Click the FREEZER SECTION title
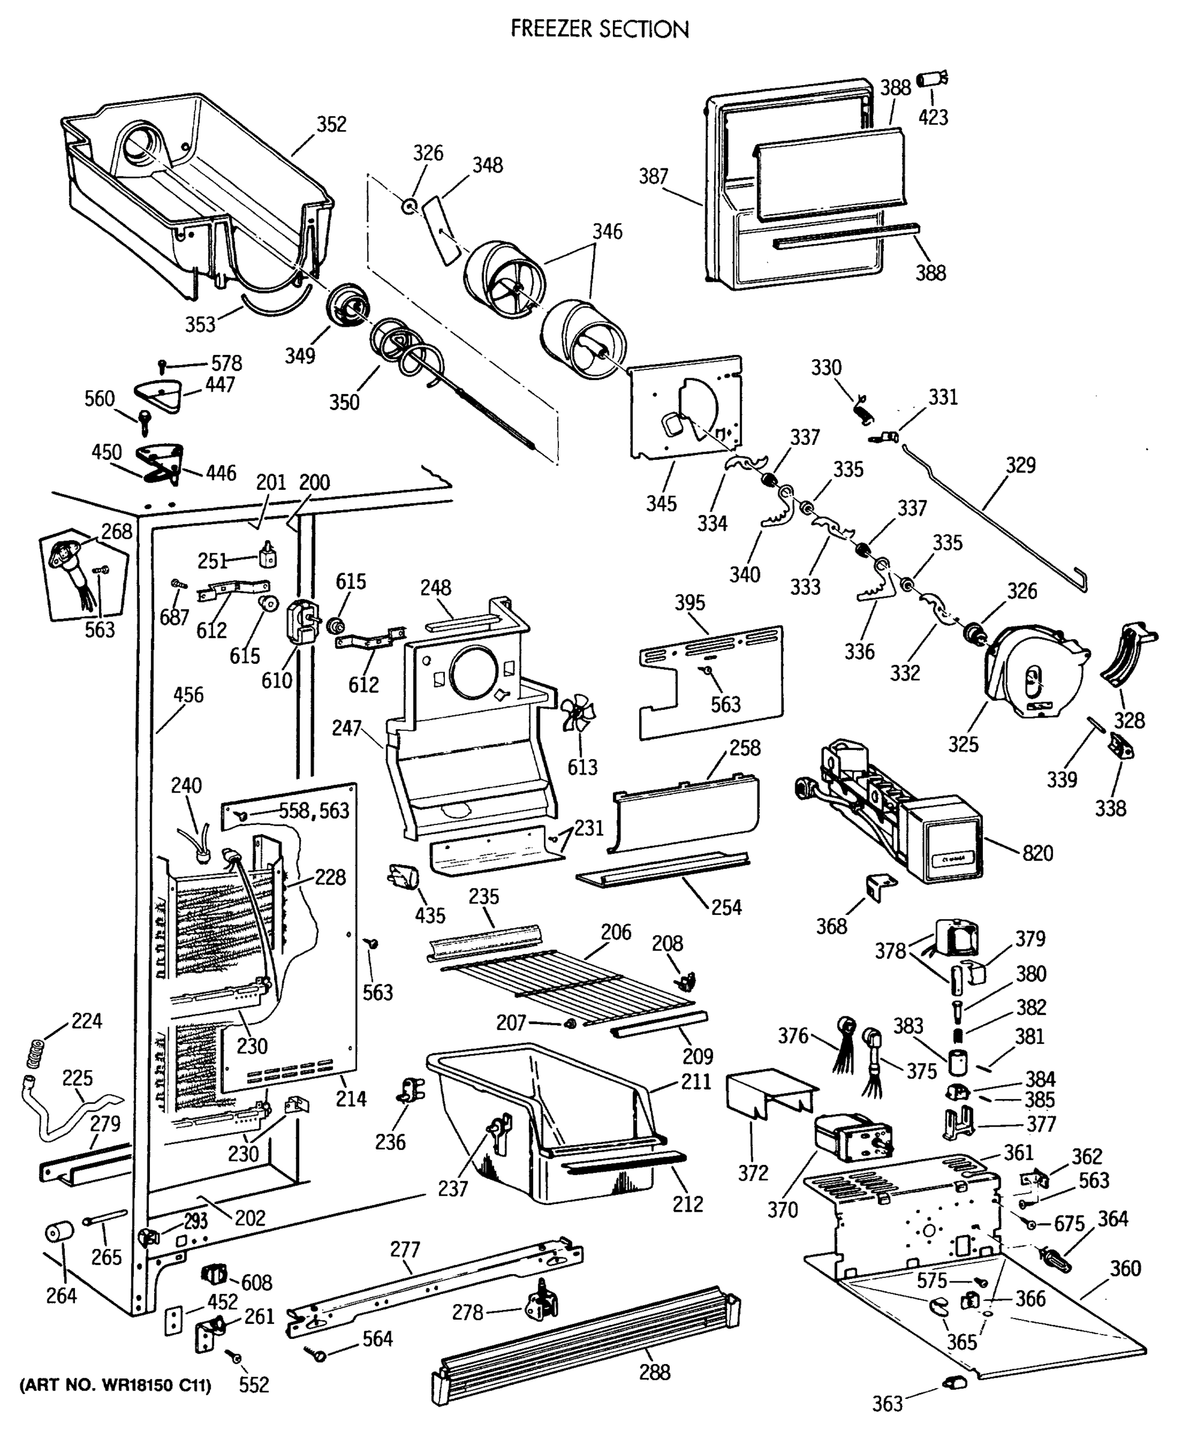(599, 29)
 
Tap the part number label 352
(331, 124)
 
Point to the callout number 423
(933, 117)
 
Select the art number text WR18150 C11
(116, 1385)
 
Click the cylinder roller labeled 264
(59, 1233)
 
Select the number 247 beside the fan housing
(347, 728)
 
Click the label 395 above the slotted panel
(690, 603)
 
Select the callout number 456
(188, 695)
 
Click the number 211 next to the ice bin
(696, 1081)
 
